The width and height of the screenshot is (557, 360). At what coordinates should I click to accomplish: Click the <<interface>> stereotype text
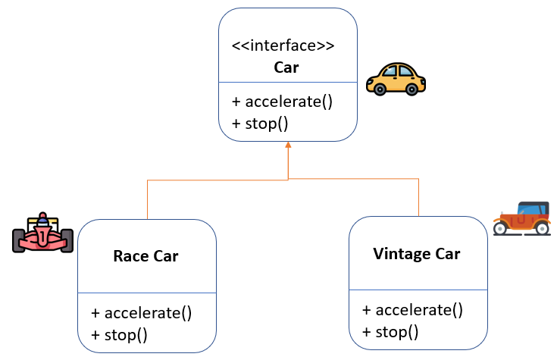[x=283, y=45]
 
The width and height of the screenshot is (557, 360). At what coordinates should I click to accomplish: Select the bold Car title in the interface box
[x=286, y=67]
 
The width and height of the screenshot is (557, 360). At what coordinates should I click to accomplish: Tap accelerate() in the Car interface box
[x=282, y=102]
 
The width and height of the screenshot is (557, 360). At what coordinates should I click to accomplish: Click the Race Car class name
[x=146, y=256]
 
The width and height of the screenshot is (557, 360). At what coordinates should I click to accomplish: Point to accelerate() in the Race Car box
[x=141, y=312]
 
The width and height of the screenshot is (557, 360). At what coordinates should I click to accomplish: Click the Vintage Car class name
[x=417, y=253]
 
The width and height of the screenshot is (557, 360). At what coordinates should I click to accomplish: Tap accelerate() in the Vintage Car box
[x=412, y=309]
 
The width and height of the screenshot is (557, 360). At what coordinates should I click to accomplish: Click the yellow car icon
[x=396, y=79]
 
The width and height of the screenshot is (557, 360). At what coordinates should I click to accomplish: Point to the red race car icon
[x=43, y=233]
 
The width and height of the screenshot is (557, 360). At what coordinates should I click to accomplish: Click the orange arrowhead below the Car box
[x=288, y=144]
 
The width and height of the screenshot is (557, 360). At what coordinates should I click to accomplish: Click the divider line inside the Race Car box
[x=147, y=293]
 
